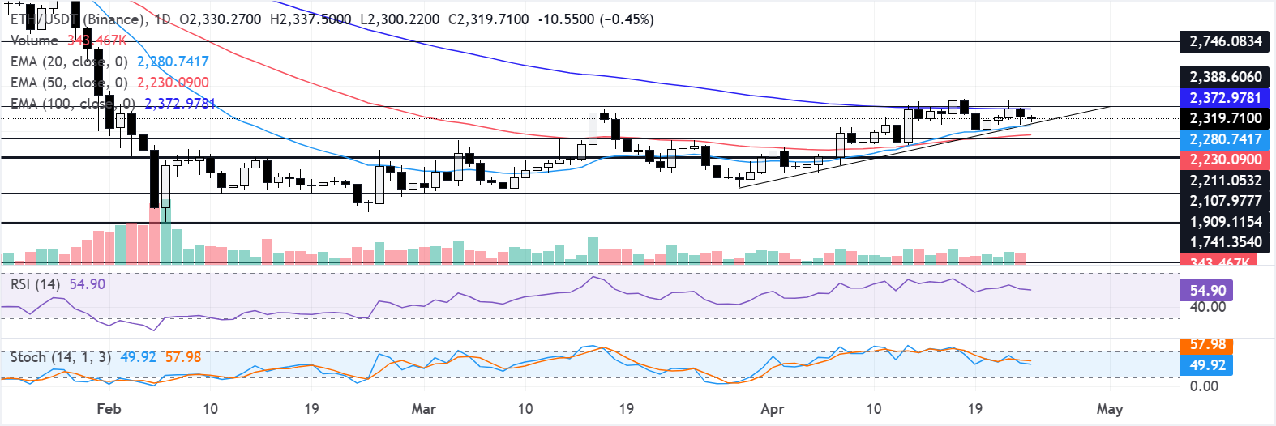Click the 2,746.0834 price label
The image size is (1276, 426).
(1225, 41)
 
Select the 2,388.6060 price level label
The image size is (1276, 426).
(1225, 77)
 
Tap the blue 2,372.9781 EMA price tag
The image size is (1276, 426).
(1225, 98)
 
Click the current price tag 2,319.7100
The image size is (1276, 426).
(1225, 118)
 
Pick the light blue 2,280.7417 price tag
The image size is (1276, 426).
(1225, 139)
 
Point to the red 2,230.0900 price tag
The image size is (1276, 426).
(1225, 160)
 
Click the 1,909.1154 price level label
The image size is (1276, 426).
(1225, 221)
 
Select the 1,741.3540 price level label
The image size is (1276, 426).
(1225, 241)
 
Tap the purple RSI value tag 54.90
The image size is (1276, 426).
(1207, 290)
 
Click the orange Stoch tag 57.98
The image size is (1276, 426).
(1207, 345)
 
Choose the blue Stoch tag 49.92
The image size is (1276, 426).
(1207, 365)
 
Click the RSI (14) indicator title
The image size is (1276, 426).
(35, 284)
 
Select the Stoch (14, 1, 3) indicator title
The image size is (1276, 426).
(61, 357)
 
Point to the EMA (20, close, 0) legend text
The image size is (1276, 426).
(69, 62)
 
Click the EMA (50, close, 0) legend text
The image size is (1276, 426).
(69, 83)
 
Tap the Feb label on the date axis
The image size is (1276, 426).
(109, 409)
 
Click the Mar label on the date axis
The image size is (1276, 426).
(423, 409)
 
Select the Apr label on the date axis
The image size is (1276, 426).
(773, 409)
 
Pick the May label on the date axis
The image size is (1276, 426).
(1109, 409)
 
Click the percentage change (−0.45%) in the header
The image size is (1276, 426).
(626, 19)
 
